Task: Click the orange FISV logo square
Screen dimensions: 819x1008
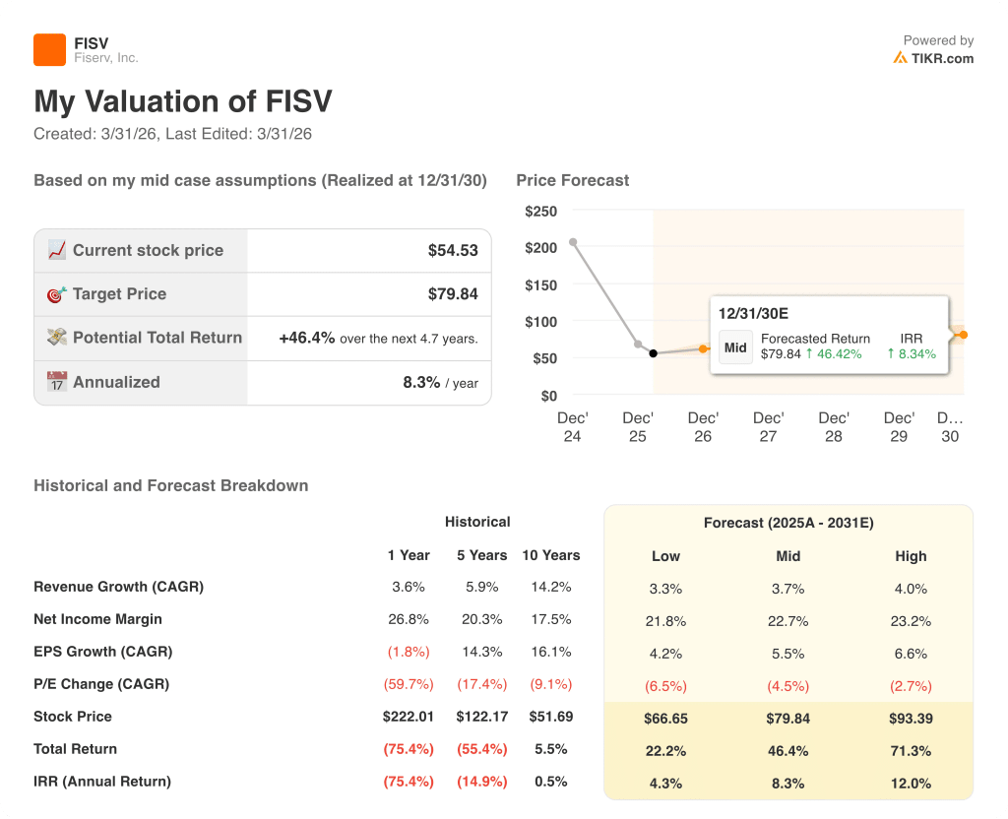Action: click(x=49, y=50)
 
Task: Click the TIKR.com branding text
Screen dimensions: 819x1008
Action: click(x=942, y=58)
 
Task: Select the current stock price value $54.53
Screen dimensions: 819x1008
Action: click(x=453, y=251)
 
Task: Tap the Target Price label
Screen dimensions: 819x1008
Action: click(x=119, y=294)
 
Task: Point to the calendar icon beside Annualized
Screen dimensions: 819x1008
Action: click(x=57, y=382)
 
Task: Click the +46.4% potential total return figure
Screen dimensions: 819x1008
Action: click(x=306, y=338)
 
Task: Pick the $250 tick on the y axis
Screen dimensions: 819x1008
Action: click(x=540, y=212)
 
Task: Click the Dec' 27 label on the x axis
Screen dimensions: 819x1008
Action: click(x=768, y=427)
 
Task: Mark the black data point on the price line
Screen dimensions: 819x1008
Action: click(x=654, y=353)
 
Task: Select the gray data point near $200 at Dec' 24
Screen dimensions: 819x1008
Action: click(x=573, y=242)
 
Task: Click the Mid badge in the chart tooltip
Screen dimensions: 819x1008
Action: click(x=735, y=347)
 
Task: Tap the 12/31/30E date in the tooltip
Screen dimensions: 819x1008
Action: click(x=753, y=314)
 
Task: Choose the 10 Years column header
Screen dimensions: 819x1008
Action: click(x=550, y=555)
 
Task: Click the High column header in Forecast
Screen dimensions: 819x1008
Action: click(x=911, y=556)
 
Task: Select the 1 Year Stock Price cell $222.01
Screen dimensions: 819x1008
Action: click(x=409, y=717)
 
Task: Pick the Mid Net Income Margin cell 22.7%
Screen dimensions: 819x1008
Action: click(x=787, y=621)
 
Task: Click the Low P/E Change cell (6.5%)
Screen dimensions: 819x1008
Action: click(x=665, y=686)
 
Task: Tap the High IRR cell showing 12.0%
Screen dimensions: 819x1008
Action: click(x=911, y=783)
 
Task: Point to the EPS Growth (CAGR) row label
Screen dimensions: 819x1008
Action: click(x=102, y=652)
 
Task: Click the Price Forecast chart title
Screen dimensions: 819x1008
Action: click(x=572, y=180)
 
